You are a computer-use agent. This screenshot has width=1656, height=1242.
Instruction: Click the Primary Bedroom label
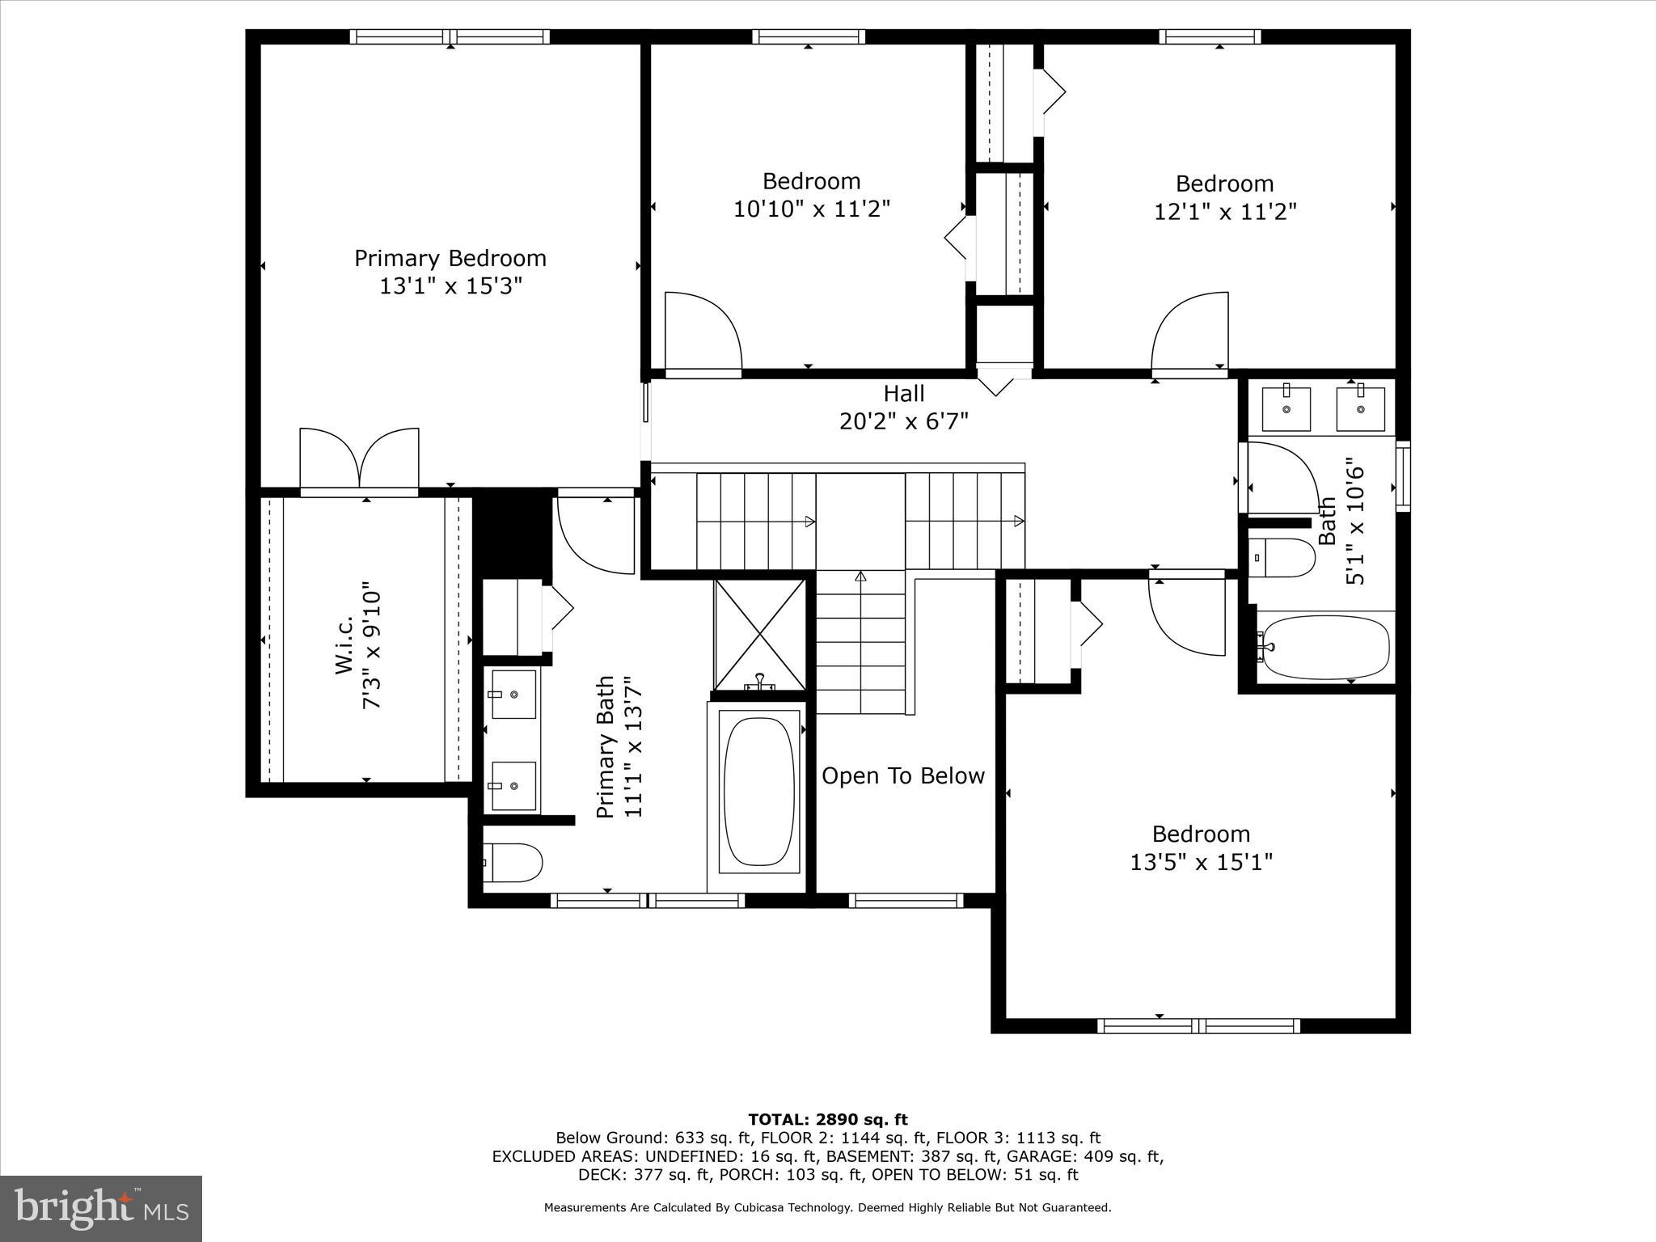[450, 259]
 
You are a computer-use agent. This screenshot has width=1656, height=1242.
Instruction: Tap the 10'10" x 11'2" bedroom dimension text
[811, 209]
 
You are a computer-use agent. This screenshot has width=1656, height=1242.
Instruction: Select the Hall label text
[903, 394]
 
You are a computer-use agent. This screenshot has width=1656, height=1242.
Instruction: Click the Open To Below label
[903, 776]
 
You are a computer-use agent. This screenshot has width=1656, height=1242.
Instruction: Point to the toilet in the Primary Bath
[513, 863]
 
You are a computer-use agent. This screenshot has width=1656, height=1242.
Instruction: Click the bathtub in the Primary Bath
[758, 792]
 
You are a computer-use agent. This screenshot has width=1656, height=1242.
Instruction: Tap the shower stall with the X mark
[759, 635]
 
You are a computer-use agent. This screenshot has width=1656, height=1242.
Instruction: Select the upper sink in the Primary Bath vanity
[513, 694]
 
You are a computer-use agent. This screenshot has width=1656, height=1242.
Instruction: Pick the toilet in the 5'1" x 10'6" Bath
[1282, 558]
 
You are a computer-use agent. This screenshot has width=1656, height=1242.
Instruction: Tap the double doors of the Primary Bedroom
[359, 461]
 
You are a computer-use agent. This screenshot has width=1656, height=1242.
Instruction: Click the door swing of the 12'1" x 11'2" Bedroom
[1189, 333]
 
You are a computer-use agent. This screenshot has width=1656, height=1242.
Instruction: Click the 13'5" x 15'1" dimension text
[1201, 863]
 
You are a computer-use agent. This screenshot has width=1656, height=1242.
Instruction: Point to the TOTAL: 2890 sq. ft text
[827, 1120]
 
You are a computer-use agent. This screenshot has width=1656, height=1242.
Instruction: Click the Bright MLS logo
[101, 1208]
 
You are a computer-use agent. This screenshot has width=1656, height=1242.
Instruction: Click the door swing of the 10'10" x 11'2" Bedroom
[702, 333]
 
